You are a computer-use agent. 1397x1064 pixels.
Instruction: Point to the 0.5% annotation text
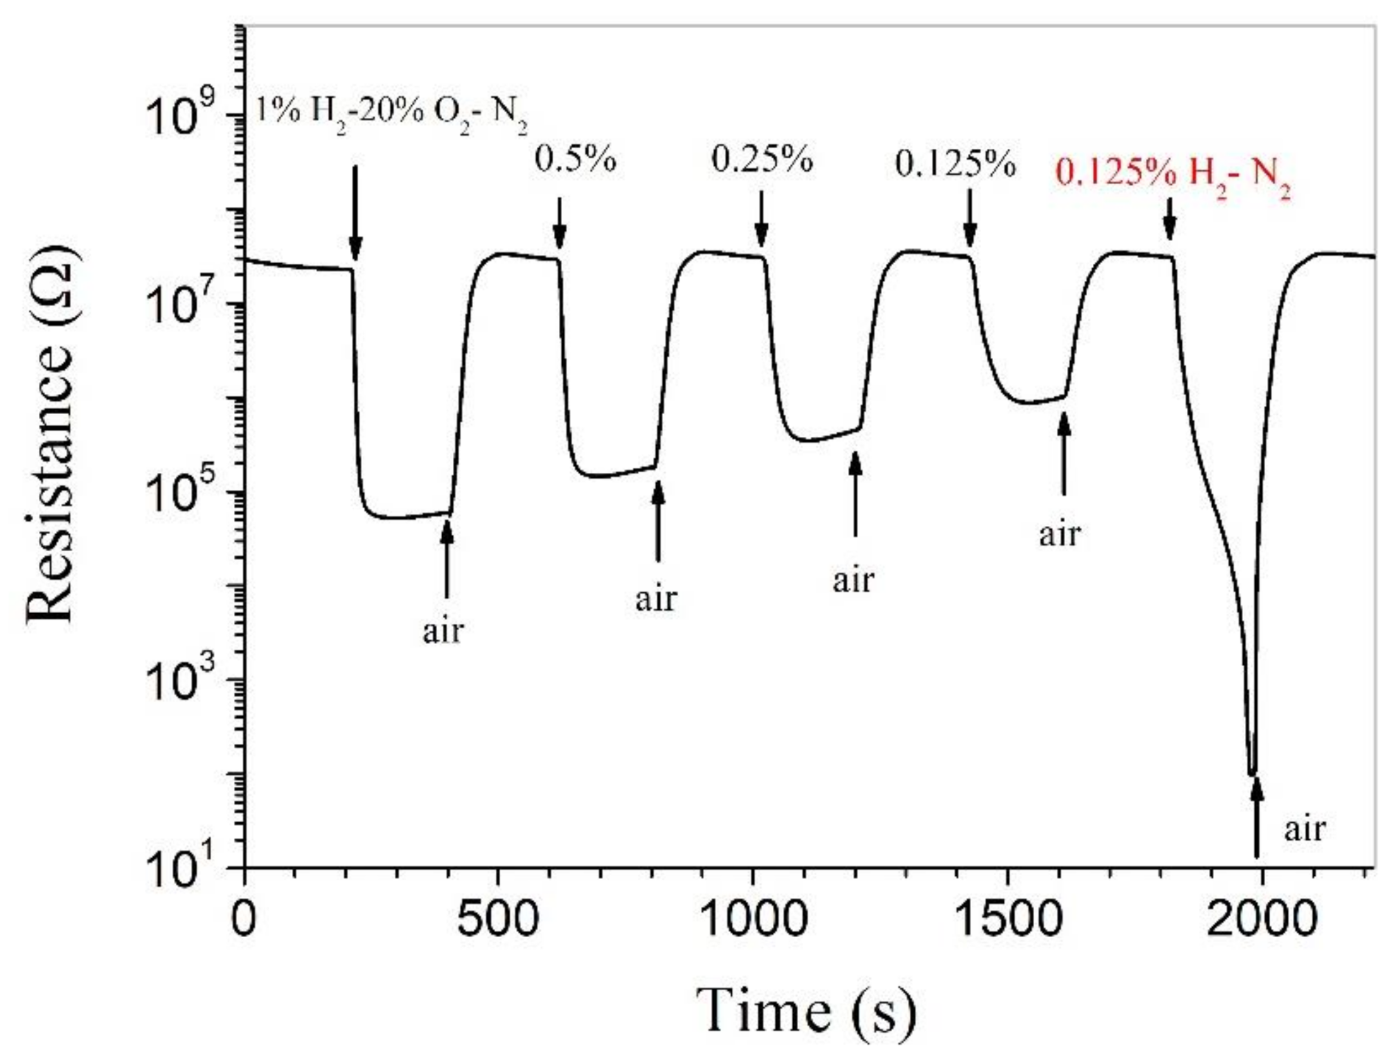pyautogui.click(x=575, y=159)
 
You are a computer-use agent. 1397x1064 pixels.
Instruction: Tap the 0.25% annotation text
pyautogui.click(x=762, y=159)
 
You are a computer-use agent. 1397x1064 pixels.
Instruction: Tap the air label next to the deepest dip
pyautogui.click(x=1304, y=828)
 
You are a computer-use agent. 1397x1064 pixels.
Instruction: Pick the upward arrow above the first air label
pyautogui.click(x=447, y=557)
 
